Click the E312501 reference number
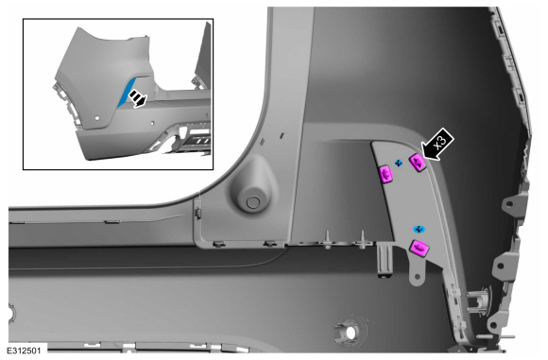24,351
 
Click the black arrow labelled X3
438,145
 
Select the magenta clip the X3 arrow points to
418,163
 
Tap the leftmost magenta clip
386,174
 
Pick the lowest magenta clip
420,248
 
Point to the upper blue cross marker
399,163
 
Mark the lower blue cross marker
420,230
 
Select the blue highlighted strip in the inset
126,92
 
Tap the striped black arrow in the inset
138,98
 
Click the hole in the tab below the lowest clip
417,277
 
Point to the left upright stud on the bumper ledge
328,239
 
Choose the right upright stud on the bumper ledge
363,239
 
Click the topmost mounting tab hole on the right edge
509,203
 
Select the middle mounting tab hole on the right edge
500,266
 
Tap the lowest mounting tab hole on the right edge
493,325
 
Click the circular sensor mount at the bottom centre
350,331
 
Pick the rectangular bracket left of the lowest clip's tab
385,261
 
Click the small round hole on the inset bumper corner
97,118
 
